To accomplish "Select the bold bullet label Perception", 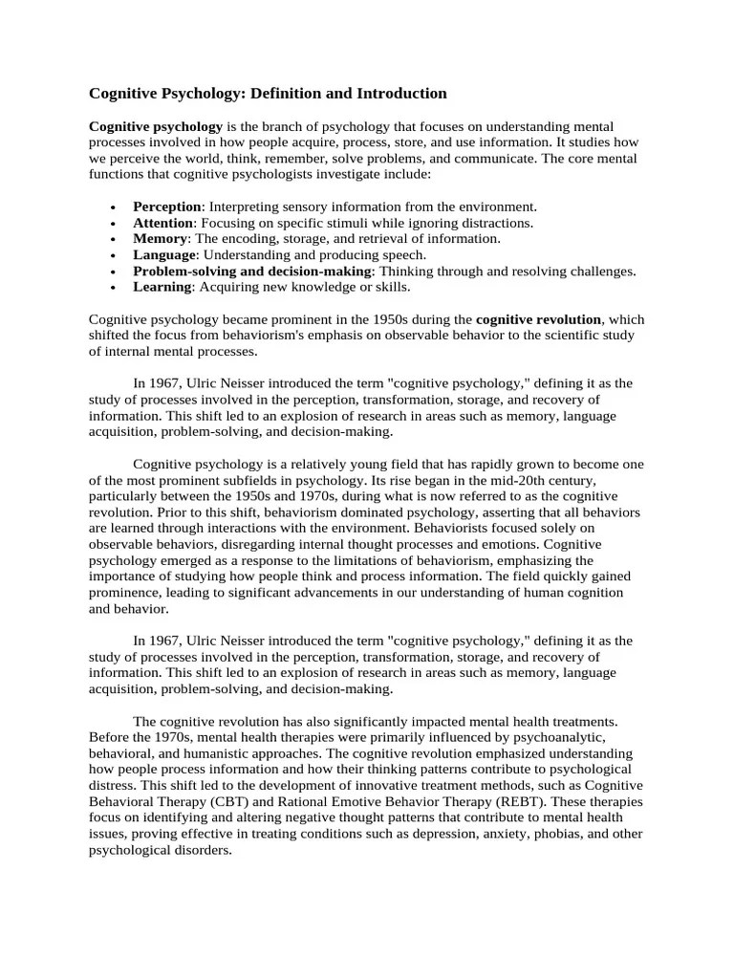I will tap(166, 207).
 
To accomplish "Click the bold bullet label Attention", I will tap(162, 223).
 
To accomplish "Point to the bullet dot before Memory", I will tap(114, 239).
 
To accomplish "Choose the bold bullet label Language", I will tap(164, 255).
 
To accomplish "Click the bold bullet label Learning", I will tap(162, 287).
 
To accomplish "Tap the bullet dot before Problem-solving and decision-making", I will tap(114, 272).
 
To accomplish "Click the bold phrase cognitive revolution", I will tap(538, 319).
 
